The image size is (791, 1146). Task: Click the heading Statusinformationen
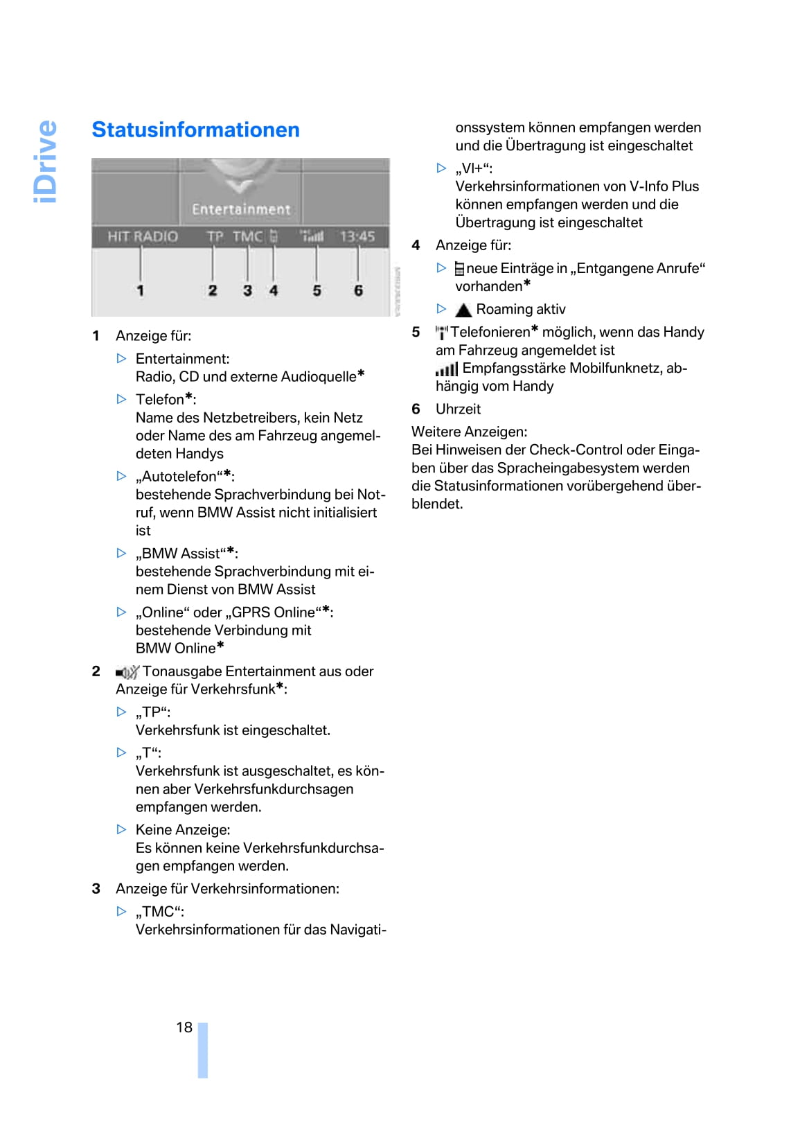click(195, 130)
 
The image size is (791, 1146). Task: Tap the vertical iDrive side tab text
click(46, 161)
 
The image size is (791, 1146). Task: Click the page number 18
click(184, 1027)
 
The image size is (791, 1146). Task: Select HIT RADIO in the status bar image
click(143, 236)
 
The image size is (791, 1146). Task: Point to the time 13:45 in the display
click(357, 236)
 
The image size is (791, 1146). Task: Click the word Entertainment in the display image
click(241, 209)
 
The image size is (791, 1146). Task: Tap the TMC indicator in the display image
click(247, 236)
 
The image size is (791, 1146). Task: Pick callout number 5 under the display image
click(317, 290)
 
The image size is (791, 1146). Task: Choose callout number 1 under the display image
click(140, 290)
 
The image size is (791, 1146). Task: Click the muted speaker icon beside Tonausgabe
click(127, 672)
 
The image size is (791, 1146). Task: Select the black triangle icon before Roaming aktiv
click(463, 310)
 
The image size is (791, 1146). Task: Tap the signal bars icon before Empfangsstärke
click(447, 369)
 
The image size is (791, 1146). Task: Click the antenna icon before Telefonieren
click(442, 333)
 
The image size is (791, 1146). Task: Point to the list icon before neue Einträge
click(459, 269)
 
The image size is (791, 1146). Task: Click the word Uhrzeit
click(458, 409)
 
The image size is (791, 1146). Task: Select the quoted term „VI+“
click(474, 168)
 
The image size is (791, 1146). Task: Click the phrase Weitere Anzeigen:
click(469, 432)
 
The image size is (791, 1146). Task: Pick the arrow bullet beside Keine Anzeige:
click(122, 829)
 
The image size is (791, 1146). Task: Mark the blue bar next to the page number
click(203, 1050)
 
